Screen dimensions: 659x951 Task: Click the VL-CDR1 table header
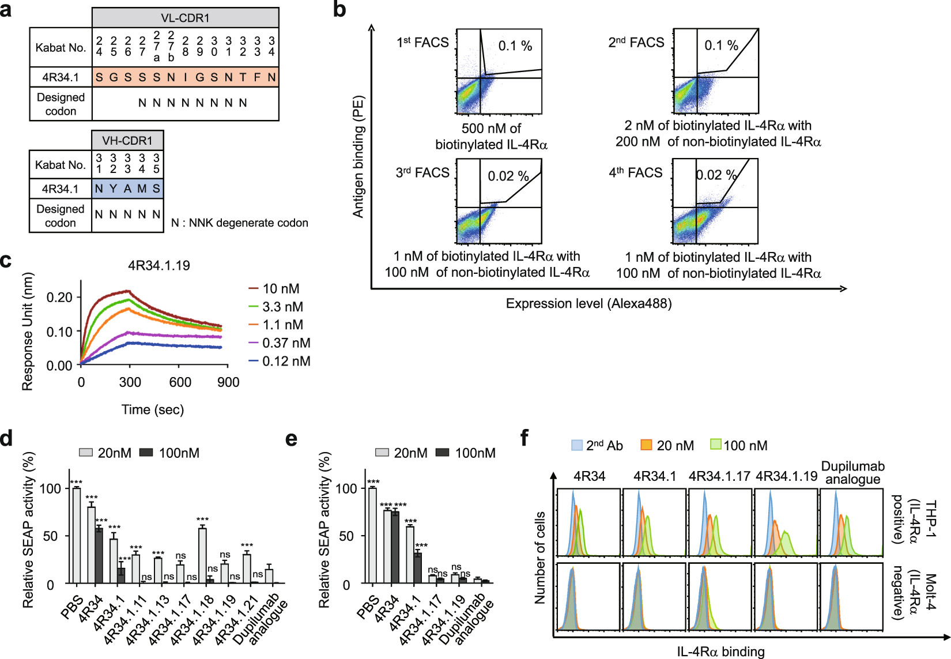tap(185, 18)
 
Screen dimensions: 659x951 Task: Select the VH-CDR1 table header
tap(127, 140)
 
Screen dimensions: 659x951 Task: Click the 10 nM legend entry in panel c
tap(274, 288)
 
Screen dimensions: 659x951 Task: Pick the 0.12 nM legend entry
tap(280, 361)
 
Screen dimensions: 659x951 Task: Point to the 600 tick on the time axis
tap(180, 382)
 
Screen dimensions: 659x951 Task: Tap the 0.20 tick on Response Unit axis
tap(59, 298)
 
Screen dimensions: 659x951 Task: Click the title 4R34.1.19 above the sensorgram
tap(158, 266)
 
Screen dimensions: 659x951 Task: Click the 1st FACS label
tap(422, 43)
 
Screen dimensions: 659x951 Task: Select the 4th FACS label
tap(636, 173)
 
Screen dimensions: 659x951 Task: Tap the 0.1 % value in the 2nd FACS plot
tap(721, 46)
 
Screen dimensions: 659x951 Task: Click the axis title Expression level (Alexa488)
tap(588, 304)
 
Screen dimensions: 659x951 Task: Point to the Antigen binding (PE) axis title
tap(358, 156)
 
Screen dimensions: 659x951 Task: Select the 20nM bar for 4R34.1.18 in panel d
tap(202, 555)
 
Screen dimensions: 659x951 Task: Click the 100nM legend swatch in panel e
tap(442, 453)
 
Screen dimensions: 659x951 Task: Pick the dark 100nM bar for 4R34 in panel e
tap(395, 547)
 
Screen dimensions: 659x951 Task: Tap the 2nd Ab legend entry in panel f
tap(597, 446)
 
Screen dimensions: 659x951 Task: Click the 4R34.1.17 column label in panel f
tap(719, 476)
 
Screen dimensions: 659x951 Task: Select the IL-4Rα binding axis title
tap(720, 652)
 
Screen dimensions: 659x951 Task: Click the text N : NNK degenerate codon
tap(239, 223)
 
